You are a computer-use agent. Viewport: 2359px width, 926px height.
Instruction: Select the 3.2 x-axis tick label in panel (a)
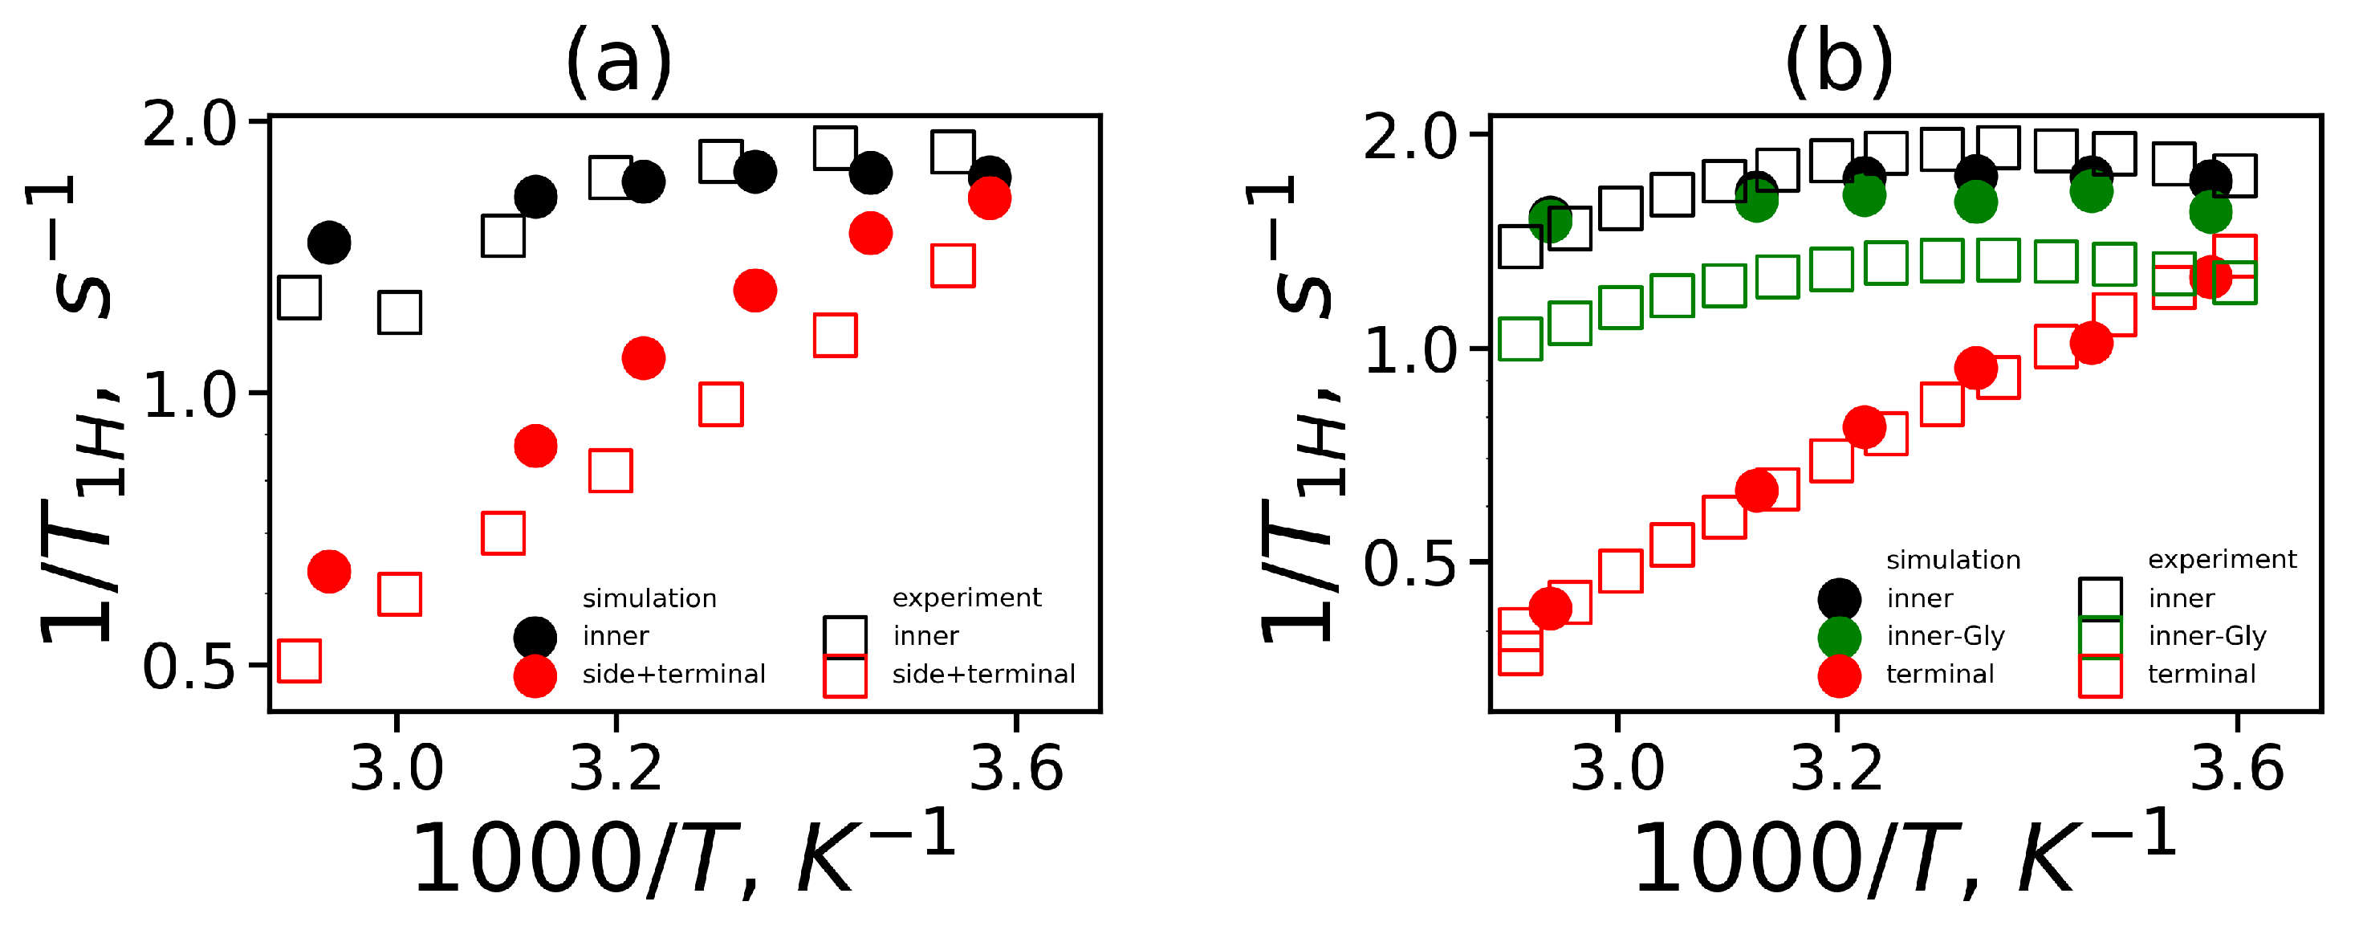[x=616, y=769]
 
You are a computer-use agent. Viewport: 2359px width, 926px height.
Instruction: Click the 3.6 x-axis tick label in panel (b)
[x=2236, y=769]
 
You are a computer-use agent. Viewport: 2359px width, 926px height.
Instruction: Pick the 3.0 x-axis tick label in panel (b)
[x=1617, y=769]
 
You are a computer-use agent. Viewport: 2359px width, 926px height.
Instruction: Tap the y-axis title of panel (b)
[x=1300, y=412]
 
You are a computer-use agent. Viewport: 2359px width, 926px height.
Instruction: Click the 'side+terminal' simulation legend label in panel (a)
[x=673, y=674]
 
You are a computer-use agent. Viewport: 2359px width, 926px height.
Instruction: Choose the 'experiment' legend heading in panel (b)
[x=2222, y=560]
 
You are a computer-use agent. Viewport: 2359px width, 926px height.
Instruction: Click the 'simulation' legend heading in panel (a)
[x=649, y=598]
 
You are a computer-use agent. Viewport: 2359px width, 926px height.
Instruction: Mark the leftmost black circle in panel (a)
[x=330, y=243]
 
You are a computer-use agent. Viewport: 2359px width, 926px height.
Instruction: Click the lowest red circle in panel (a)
[x=330, y=572]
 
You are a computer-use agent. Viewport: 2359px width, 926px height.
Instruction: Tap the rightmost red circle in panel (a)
[x=989, y=198]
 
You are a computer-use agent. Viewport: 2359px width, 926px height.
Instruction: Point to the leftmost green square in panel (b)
[x=1520, y=339]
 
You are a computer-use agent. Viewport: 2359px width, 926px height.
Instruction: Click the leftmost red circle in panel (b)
[x=1549, y=607]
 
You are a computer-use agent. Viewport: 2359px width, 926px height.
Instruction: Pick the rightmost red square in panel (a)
[x=953, y=266]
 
